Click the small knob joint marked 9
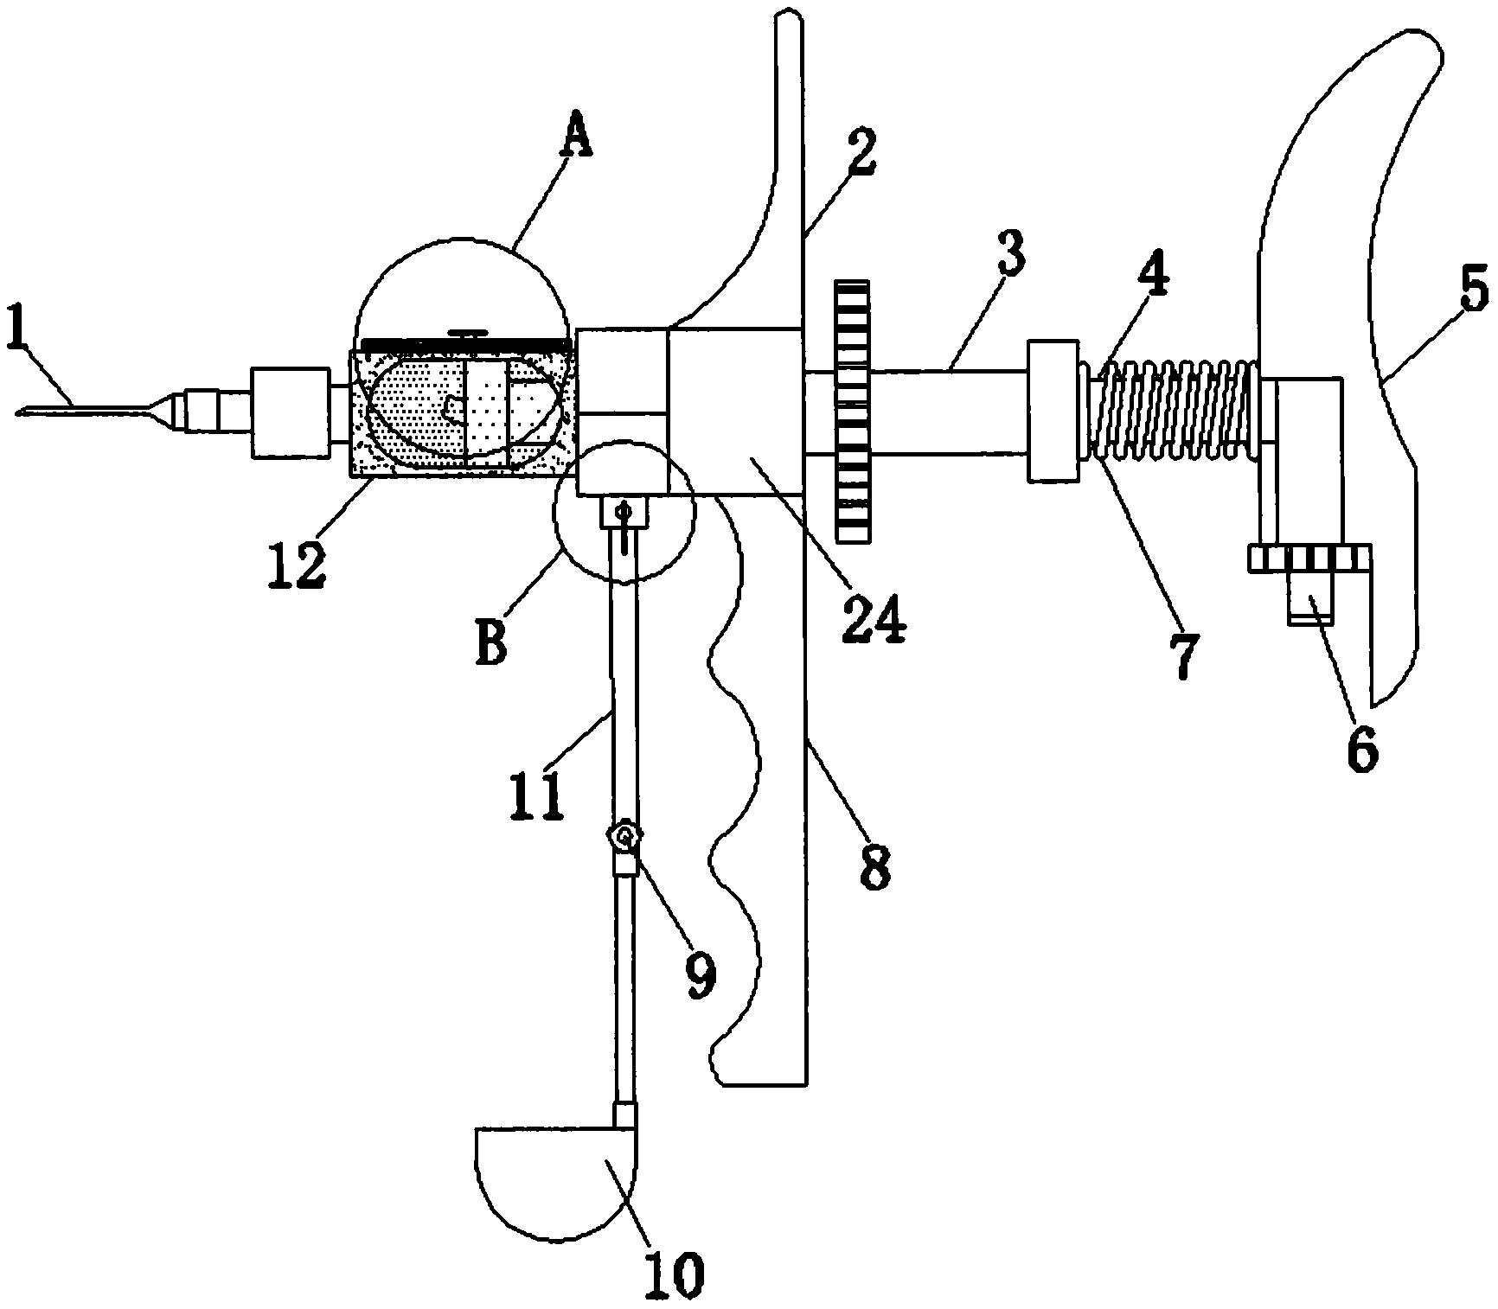tap(624, 836)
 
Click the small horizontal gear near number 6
tap(1309, 559)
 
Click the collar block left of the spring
tap(1053, 411)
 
